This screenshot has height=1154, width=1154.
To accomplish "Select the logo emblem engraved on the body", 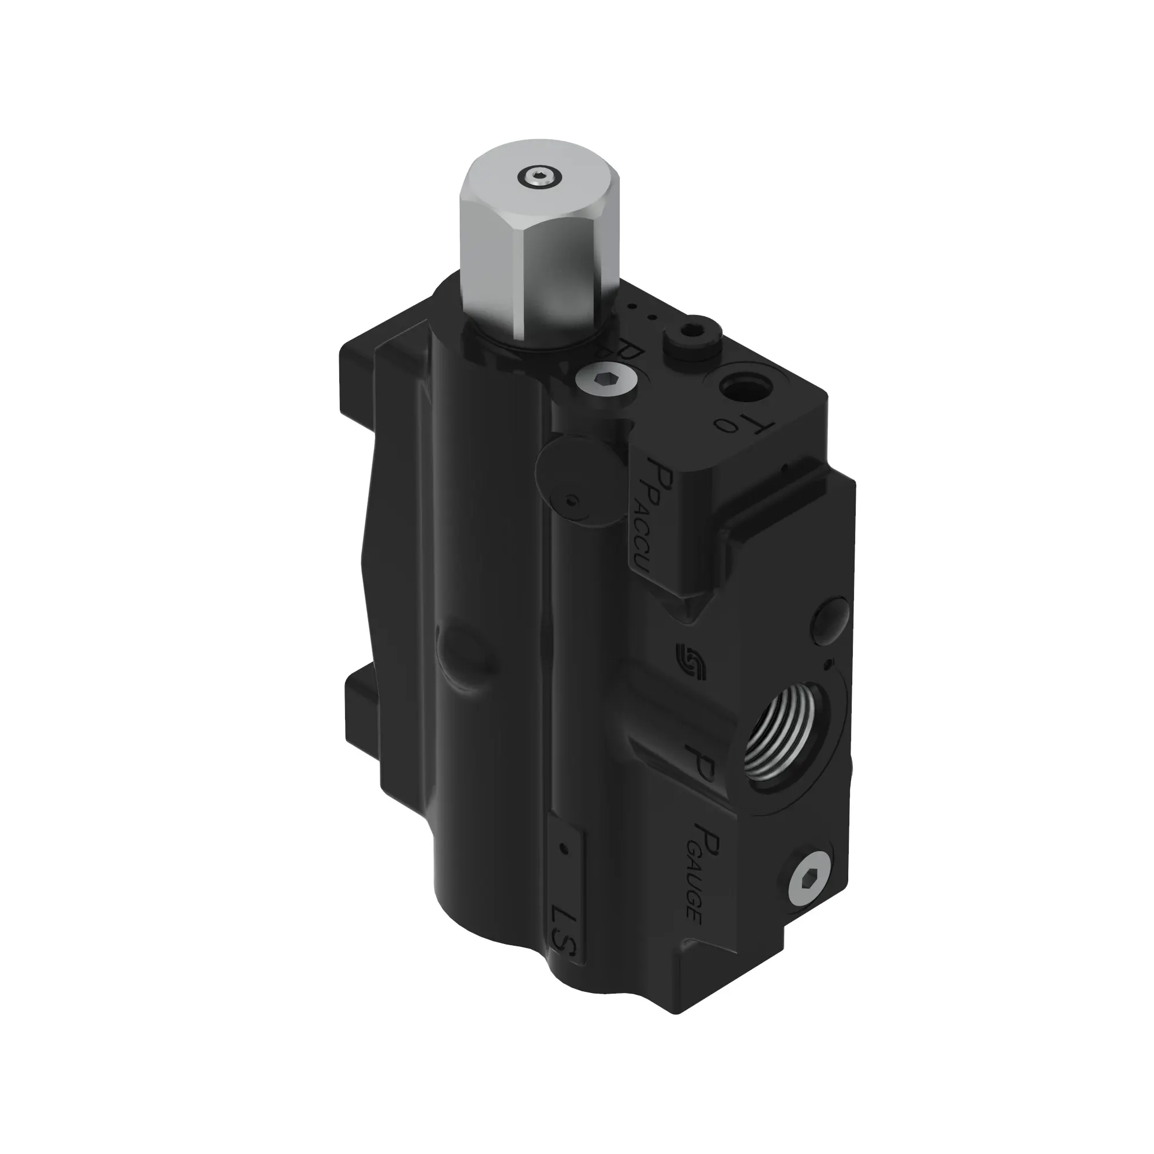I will (692, 661).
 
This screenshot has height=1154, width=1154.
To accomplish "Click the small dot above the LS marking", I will (562, 864).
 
